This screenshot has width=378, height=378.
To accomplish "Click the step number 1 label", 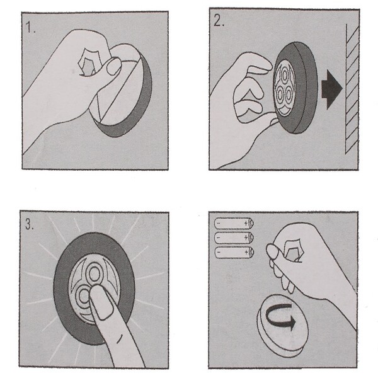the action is (30, 27).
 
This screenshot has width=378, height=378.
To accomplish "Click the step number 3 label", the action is (30, 224).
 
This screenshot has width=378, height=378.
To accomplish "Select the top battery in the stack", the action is (234, 223).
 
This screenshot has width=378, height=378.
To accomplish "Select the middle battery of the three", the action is (234, 238).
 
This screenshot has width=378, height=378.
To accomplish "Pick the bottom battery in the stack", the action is (234, 253).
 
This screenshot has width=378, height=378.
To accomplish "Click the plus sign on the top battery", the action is (246, 223).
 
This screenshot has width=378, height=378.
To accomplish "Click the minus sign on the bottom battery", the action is (219, 253).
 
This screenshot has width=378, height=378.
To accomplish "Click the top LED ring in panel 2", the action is (285, 76).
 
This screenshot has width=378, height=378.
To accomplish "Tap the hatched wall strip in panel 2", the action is (352, 89).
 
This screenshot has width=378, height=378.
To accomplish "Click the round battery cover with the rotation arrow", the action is (282, 326).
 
